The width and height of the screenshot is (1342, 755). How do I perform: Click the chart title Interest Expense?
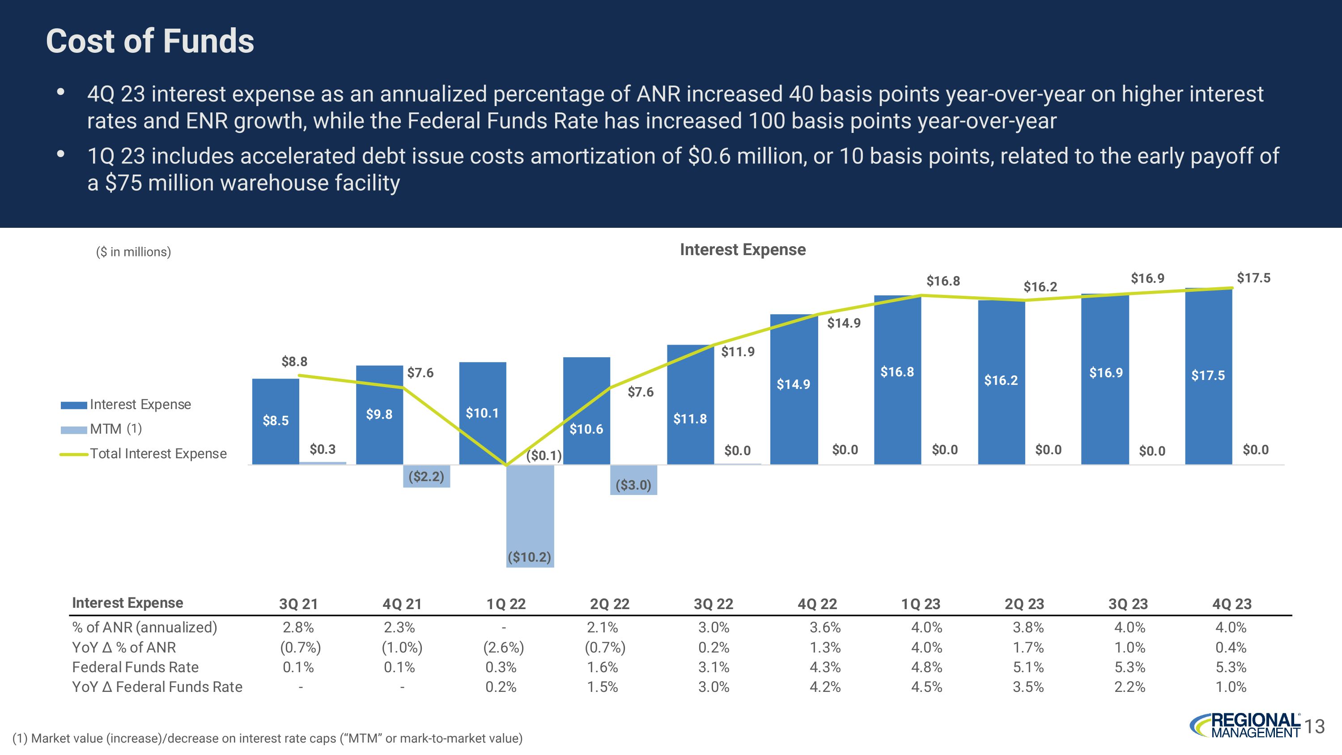pyautogui.click(x=743, y=250)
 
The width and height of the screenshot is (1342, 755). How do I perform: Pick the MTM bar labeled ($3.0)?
pyautogui.click(x=633, y=480)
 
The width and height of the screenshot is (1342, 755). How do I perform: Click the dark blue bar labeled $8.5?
pyautogui.click(x=276, y=421)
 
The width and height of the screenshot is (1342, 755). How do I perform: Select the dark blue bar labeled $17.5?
pyautogui.click(x=1208, y=375)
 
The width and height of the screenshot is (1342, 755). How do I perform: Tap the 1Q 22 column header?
pyautogui.click(x=506, y=604)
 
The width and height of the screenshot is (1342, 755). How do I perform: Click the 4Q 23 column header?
pyautogui.click(x=1232, y=604)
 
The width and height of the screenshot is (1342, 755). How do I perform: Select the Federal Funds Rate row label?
pyautogui.click(x=136, y=667)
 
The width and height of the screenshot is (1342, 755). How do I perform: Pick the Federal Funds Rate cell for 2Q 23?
pyautogui.click(x=1028, y=667)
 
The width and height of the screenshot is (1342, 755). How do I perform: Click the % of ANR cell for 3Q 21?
pyautogui.click(x=298, y=627)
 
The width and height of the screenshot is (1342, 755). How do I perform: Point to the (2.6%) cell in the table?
pyautogui.click(x=503, y=647)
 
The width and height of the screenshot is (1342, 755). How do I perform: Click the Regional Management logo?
pyautogui.click(x=1245, y=725)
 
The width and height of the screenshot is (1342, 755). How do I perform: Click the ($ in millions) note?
pyautogui.click(x=133, y=252)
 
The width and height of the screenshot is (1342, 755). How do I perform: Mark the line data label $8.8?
pyautogui.click(x=294, y=362)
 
